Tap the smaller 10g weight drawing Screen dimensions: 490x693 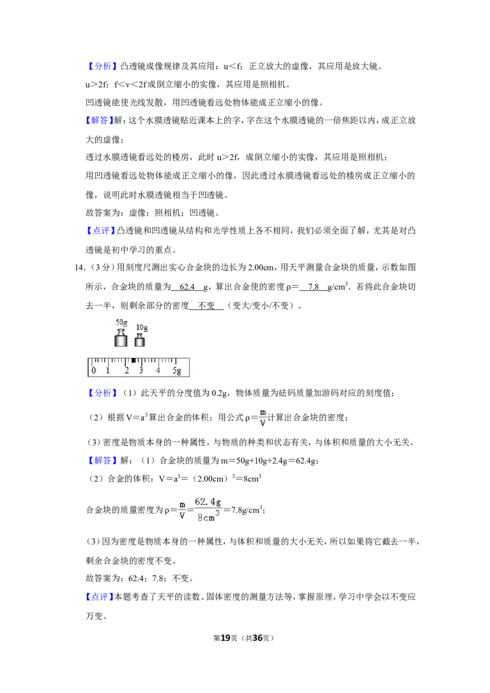[140, 340]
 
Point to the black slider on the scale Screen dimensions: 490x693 [134, 361]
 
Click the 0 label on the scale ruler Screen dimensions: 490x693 [93, 370]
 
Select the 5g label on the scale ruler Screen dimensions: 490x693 [176, 371]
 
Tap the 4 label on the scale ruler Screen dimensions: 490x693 [157, 370]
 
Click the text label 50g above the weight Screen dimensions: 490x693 [121, 323]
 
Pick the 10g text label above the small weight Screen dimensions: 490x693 [141, 328]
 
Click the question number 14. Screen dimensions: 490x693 [80, 268]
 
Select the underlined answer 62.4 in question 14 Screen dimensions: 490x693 [187, 287]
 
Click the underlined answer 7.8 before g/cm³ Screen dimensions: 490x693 [314, 287]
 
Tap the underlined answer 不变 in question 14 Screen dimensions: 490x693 [206, 305]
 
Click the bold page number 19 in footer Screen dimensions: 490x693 [225, 638]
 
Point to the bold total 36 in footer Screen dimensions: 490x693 [257, 638]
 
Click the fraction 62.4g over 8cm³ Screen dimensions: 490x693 [208, 509]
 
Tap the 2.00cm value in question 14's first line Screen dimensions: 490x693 [262, 268]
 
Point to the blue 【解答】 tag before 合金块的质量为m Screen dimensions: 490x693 [103, 460]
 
